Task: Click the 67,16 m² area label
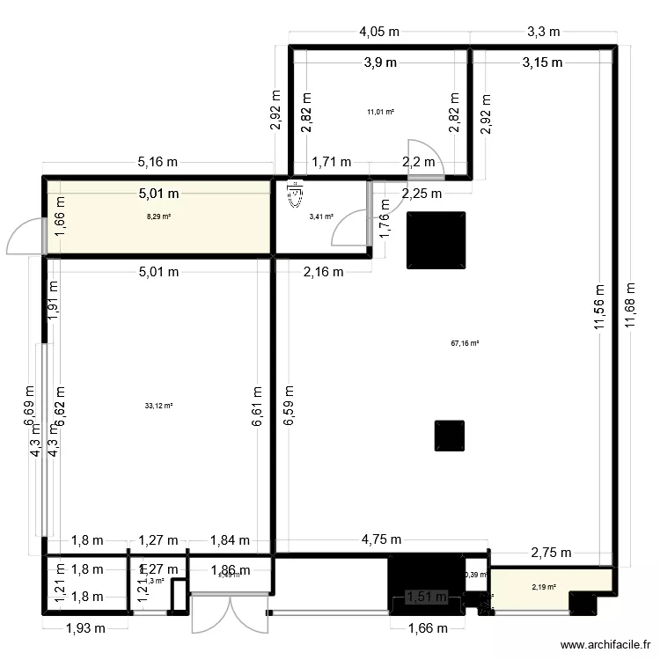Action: [465, 345]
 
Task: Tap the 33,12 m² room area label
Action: [158, 406]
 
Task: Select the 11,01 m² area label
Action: [380, 112]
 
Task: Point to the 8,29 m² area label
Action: [158, 216]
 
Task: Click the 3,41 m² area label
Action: [320, 216]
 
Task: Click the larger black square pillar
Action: [436, 239]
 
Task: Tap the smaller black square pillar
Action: [449, 436]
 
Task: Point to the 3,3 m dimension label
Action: [543, 32]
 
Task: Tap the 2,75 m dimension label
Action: [550, 553]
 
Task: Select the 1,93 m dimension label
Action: [85, 627]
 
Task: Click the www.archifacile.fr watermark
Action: [602, 644]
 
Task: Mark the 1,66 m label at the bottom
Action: [427, 627]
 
